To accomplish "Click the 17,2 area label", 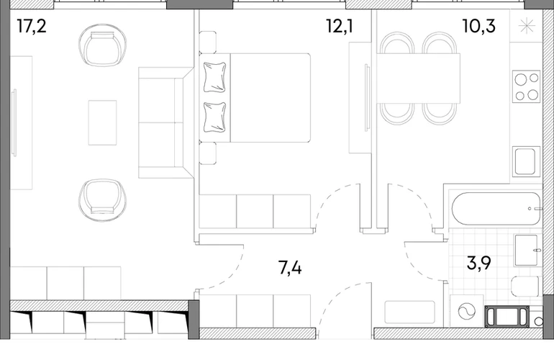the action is pyautogui.click(x=32, y=27).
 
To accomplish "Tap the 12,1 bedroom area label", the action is pyautogui.click(x=340, y=27).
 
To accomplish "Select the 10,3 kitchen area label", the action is pyautogui.click(x=479, y=27).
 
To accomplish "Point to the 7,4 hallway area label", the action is pyautogui.click(x=290, y=268).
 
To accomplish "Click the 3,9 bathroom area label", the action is pyautogui.click(x=479, y=263).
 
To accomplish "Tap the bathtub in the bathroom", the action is pyautogui.click(x=496, y=209).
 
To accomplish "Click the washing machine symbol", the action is pyautogui.click(x=467, y=312).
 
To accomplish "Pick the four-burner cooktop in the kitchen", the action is pyautogui.click(x=526, y=86).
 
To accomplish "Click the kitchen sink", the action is pyautogui.click(x=526, y=161).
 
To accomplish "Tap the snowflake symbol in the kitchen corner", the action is pyautogui.click(x=527, y=26).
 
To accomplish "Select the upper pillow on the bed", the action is pyautogui.click(x=214, y=77).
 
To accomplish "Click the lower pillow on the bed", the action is pyautogui.click(x=214, y=117).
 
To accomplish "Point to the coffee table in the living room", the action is pyautogui.click(x=102, y=122).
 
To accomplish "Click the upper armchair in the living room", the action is pyautogui.click(x=102, y=45).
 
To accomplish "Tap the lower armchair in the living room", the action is pyautogui.click(x=102, y=200).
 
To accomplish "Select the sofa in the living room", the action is pyautogui.click(x=165, y=122).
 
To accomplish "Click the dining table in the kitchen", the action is pyautogui.click(x=418, y=78).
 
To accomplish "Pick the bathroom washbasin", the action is pyautogui.click(x=527, y=250).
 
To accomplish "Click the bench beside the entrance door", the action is pyautogui.click(x=409, y=312).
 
